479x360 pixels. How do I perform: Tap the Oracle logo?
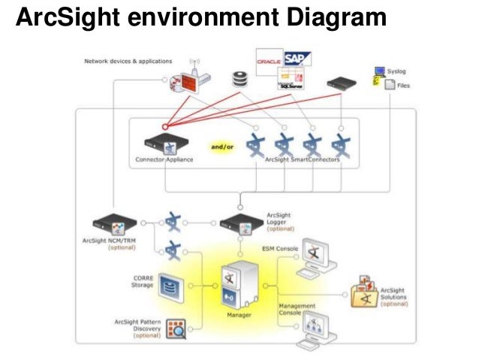coord(269,59)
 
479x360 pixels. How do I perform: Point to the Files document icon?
coord(390,86)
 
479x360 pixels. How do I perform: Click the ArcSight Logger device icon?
coord(239,223)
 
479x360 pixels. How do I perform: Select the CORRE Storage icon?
coord(168,286)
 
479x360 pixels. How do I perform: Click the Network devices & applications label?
coord(128,61)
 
